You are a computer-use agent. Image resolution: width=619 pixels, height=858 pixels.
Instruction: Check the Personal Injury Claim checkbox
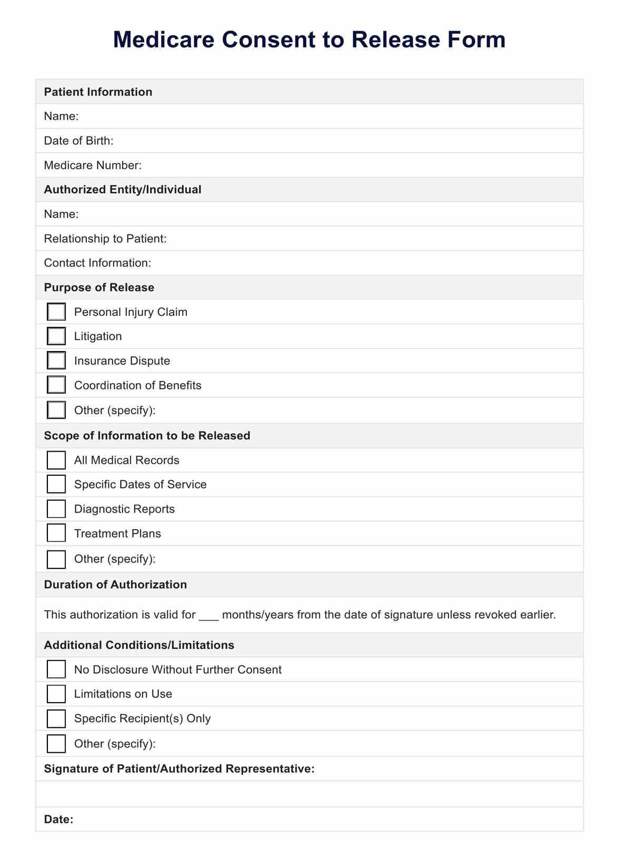click(56, 312)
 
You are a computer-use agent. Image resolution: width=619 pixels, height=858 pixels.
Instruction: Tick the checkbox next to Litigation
click(56, 336)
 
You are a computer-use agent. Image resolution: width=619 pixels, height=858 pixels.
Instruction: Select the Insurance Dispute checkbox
click(56, 361)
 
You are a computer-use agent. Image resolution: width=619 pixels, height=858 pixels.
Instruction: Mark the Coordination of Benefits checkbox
click(56, 385)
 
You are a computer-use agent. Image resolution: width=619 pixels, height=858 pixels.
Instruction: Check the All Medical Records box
click(56, 460)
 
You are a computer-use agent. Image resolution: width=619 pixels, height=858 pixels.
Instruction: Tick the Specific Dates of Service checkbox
click(56, 484)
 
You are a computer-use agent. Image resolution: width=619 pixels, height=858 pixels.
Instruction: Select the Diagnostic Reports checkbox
click(56, 509)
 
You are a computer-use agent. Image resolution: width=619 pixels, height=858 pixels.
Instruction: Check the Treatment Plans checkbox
click(56, 533)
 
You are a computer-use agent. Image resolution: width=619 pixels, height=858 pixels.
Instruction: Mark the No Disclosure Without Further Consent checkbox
click(56, 669)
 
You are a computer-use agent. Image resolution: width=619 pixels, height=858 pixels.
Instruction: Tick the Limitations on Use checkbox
click(56, 694)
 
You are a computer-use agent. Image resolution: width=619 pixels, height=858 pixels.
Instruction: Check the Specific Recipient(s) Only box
click(56, 719)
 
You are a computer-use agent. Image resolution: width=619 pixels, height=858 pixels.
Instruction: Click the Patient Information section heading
click(98, 92)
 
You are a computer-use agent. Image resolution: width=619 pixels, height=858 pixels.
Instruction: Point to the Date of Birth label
click(78, 141)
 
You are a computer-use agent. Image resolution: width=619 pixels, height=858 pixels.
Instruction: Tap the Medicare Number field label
click(93, 165)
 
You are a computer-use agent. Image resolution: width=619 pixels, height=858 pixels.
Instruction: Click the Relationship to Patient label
click(105, 238)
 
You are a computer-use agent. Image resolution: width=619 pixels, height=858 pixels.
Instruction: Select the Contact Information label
click(97, 263)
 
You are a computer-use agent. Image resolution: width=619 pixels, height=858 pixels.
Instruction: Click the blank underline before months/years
click(208, 615)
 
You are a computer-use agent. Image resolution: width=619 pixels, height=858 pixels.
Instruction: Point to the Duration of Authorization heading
click(115, 584)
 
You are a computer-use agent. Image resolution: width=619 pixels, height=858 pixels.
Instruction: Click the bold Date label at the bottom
click(58, 819)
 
